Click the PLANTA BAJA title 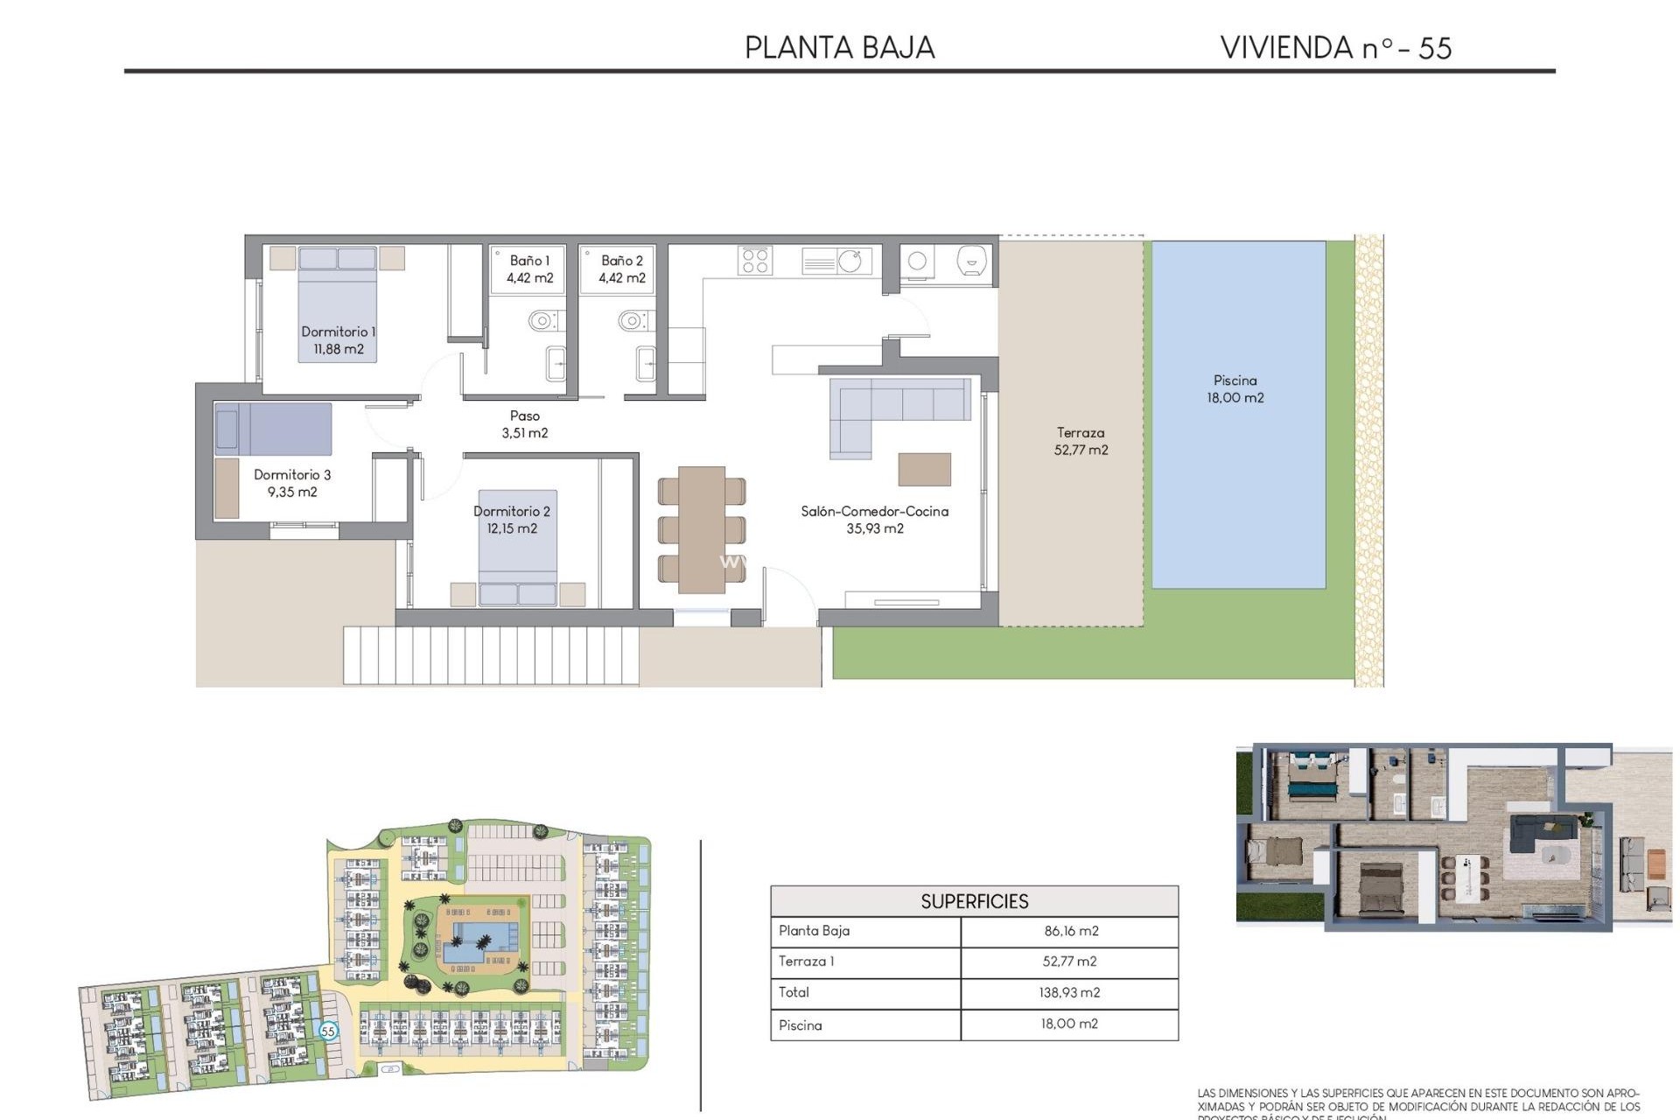pos(839,47)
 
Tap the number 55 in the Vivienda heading pos(1434,48)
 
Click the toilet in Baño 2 pos(632,320)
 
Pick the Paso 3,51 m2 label pos(525,424)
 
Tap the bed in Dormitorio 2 pos(517,547)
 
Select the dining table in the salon pos(701,529)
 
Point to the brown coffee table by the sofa pos(924,469)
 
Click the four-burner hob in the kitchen pos(755,260)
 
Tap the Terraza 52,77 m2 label pos(1081,441)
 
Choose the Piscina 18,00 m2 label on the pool pos(1235,388)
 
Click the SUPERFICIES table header pos(974,901)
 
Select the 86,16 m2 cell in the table pos(1070,931)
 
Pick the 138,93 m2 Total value pos(1070,992)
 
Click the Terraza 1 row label pos(806,962)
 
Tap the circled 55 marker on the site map pos(328,1031)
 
